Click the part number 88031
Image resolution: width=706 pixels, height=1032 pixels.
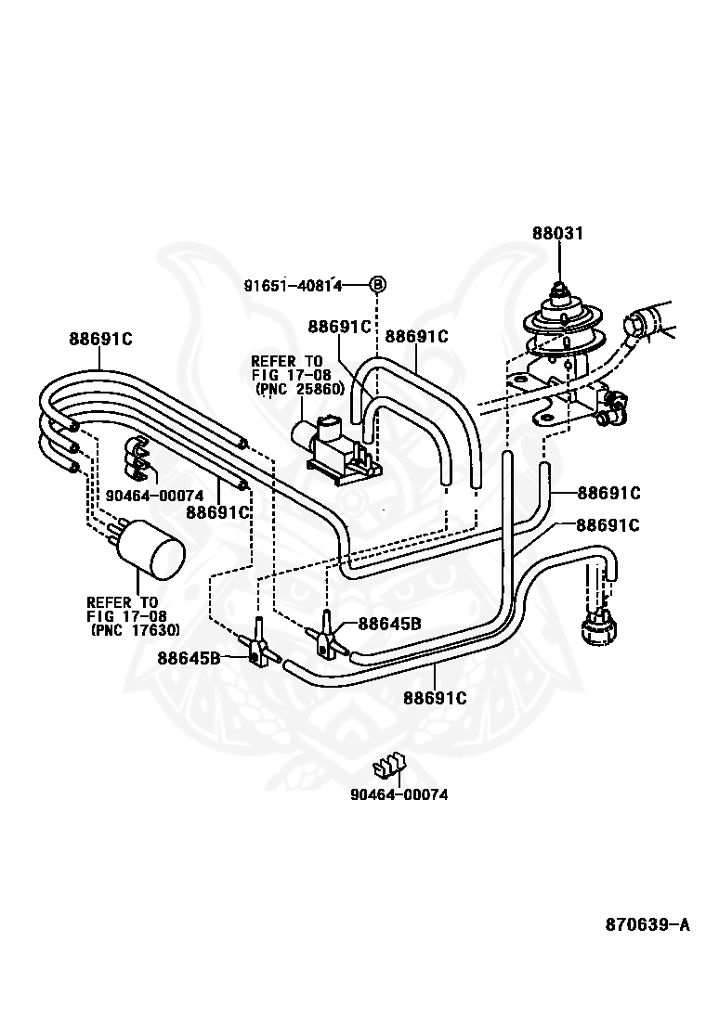click(x=557, y=235)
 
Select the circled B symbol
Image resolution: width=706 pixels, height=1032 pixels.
click(x=378, y=285)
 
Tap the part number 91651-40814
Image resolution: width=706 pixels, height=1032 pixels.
click(x=293, y=286)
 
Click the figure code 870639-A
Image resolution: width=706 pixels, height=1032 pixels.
click(x=647, y=924)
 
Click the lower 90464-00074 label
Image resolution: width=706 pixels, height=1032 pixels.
click(x=391, y=794)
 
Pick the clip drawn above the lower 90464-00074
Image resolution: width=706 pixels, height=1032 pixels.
click(x=391, y=767)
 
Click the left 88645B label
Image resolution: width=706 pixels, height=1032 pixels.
click(x=189, y=658)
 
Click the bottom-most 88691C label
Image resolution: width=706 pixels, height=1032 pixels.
click(x=434, y=696)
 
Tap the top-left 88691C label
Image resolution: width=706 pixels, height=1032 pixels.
click(x=100, y=340)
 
